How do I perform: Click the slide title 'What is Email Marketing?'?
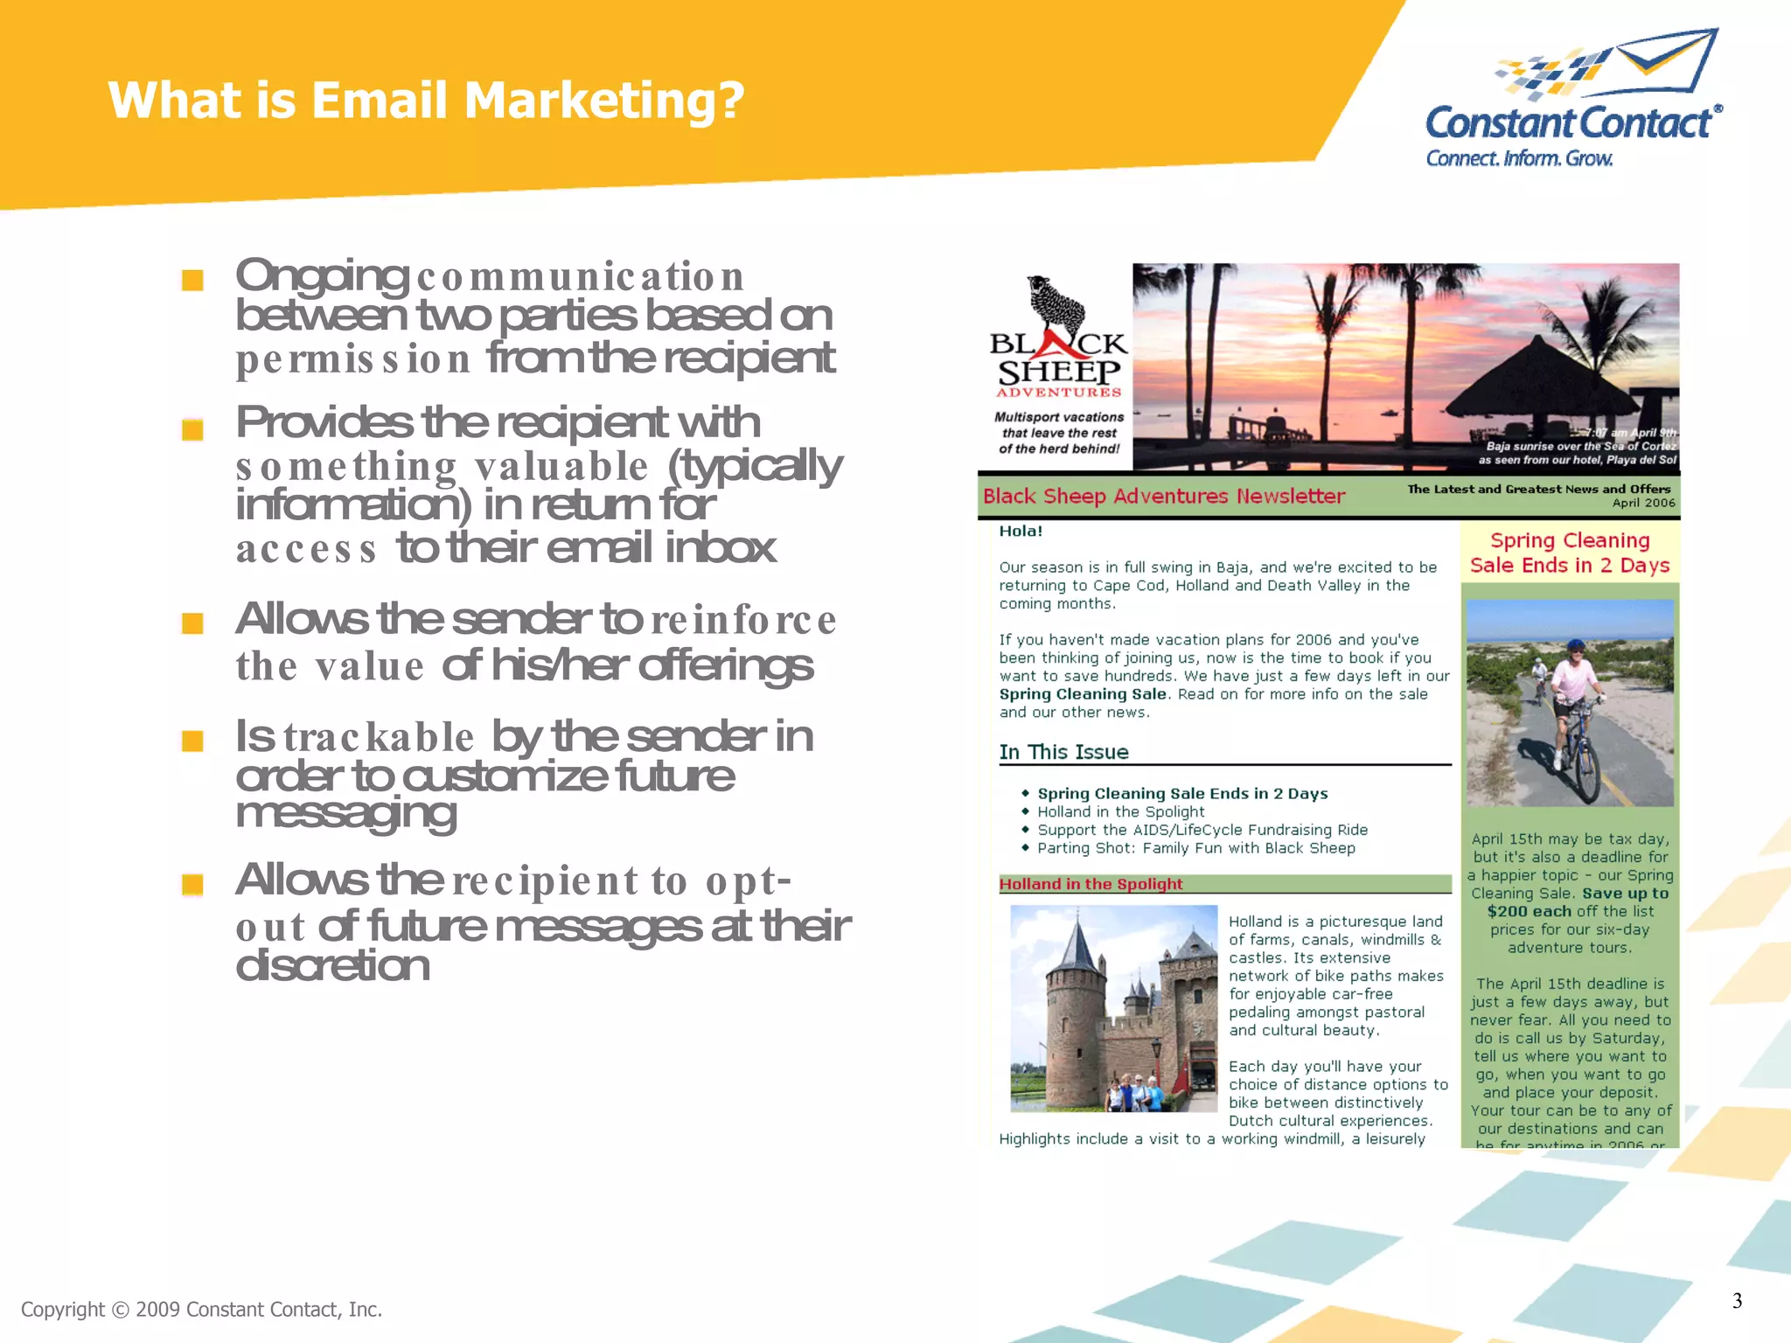(x=426, y=100)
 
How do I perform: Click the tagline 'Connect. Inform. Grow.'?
(x=1519, y=158)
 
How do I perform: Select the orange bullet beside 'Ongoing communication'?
(x=192, y=280)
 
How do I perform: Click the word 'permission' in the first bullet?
(x=353, y=359)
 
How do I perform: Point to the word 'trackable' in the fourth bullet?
(x=379, y=737)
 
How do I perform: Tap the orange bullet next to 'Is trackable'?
(x=192, y=741)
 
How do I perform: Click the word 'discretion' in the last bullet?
(x=332, y=966)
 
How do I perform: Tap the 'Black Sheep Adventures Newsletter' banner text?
(x=1164, y=497)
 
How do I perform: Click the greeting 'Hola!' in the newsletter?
(x=1021, y=531)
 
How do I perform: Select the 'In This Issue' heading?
(x=1063, y=752)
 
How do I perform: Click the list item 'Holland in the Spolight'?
(x=1120, y=811)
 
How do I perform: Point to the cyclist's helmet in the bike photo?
(x=1576, y=646)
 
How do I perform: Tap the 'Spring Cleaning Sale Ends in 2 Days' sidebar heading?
(x=1570, y=553)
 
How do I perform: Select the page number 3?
(x=1737, y=1300)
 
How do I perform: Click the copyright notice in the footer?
(x=201, y=1309)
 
